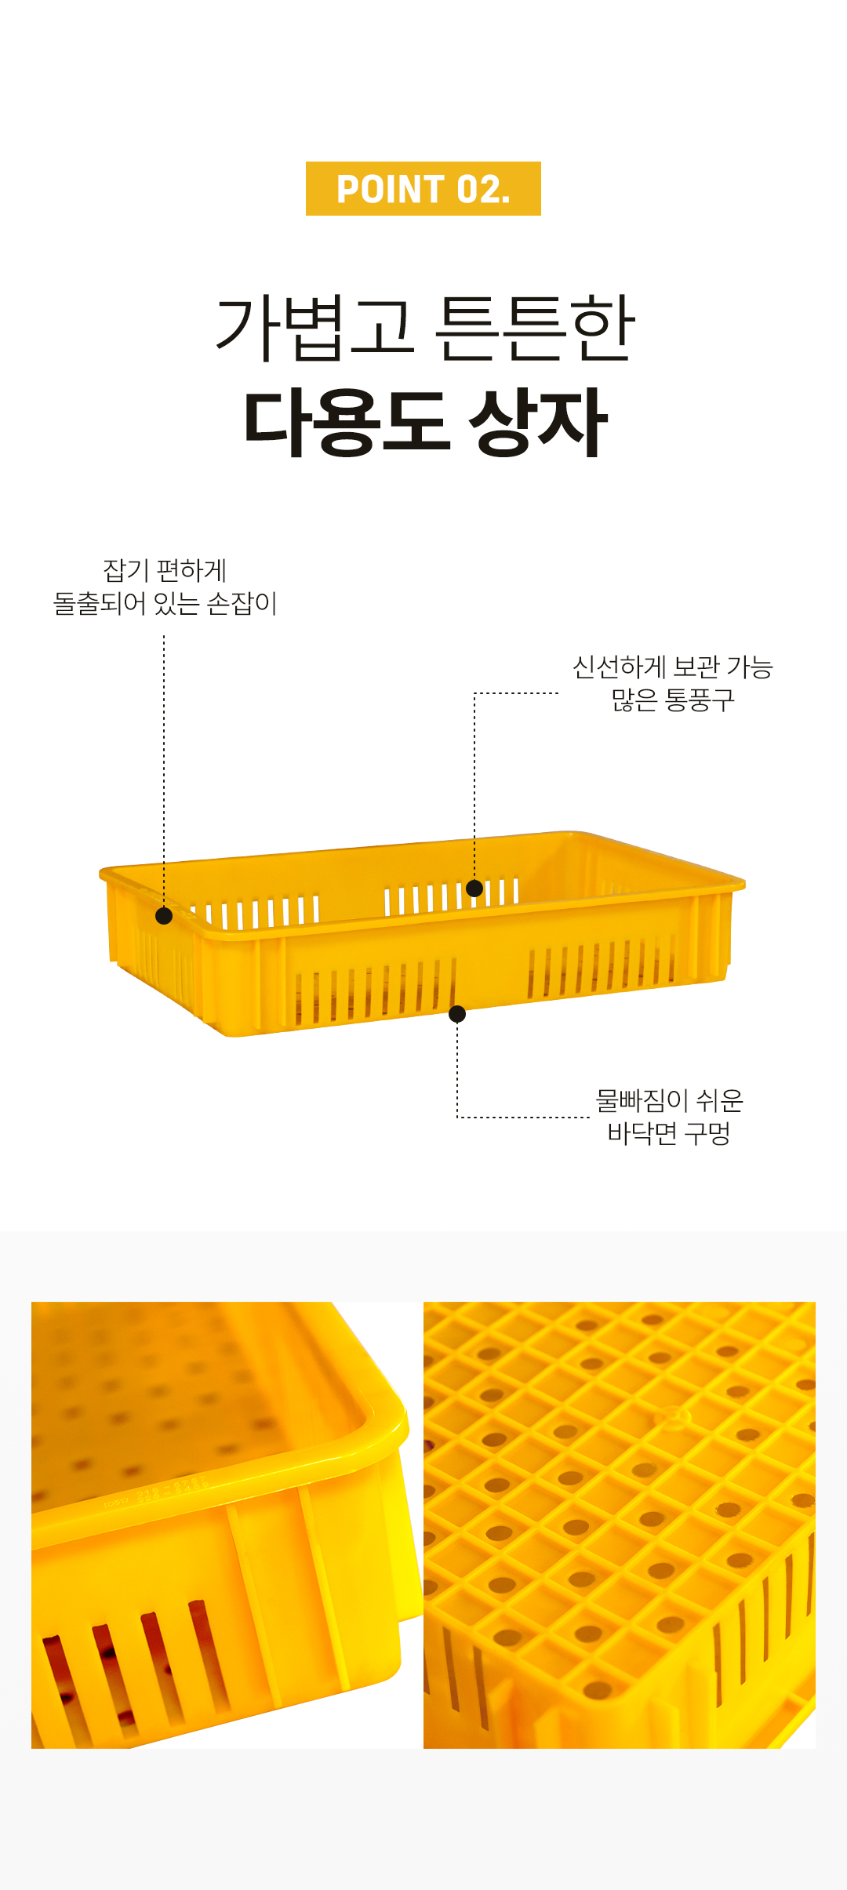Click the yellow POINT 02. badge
[423, 189]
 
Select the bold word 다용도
[347, 423]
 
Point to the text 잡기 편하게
[165, 570]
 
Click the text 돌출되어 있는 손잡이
[165, 603]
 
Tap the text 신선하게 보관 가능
[673, 667]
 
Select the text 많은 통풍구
[673, 700]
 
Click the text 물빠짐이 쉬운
[669, 1100]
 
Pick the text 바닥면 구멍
[669, 1133]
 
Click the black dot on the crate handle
[164, 916]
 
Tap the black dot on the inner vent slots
[474, 889]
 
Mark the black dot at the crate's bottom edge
[457, 1014]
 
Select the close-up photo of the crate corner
[227, 1525]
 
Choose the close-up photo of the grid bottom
[620, 1525]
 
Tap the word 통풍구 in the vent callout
[700, 700]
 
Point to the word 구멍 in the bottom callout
[707, 1133]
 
